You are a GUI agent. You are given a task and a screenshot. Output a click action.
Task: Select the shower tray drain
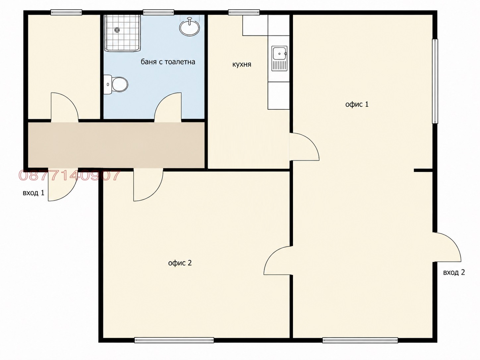pos(117,30)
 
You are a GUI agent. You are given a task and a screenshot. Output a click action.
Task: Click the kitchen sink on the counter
pos(279,58)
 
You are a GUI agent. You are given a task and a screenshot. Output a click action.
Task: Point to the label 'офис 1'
pos(357,104)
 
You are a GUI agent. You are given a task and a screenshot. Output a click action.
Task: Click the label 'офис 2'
pos(180,263)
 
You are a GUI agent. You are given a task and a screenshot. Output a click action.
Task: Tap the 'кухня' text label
pos(242,65)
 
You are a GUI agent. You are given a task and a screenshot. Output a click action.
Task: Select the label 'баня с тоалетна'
pos(168,62)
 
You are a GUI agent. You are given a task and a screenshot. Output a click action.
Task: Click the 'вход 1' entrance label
pos(33,193)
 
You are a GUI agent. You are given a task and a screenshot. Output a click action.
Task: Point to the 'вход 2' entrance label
pos(454,272)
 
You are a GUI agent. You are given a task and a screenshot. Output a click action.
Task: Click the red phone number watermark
pos(70,175)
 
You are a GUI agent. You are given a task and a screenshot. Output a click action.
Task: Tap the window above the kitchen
pos(244,12)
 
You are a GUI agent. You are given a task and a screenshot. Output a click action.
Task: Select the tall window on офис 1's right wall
pos(435,81)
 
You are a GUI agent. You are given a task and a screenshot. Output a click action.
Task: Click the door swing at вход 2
pos(454,243)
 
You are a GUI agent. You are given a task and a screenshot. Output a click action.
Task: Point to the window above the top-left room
pos(66,12)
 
